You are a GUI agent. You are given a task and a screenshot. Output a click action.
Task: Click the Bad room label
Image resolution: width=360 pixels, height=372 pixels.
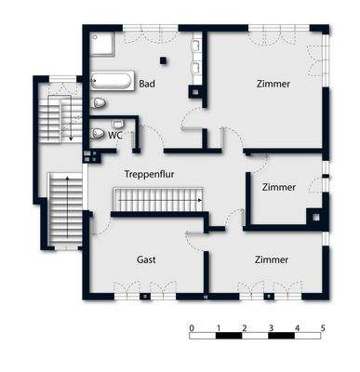click(x=146, y=85)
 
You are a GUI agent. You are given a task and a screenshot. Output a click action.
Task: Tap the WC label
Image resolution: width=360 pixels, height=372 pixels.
click(x=115, y=135)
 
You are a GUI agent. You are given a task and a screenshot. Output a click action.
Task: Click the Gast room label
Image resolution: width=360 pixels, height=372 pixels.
click(x=147, y=259)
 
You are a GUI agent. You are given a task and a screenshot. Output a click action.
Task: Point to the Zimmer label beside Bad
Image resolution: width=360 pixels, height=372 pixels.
click(x=273, y=85)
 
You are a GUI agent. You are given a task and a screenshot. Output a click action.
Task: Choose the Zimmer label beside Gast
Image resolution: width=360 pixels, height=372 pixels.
click(x=272, y=259)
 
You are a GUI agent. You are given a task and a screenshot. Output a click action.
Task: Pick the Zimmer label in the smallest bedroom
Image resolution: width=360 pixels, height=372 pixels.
click(x=279, y=187)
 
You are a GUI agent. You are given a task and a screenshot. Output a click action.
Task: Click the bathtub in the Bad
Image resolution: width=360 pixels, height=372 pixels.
click(x=113, y=82)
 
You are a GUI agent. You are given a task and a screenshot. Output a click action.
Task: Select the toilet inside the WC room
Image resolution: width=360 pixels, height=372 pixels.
click(x=99, y=134)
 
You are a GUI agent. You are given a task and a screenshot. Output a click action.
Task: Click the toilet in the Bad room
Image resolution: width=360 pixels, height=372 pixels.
click(x=100, y=102)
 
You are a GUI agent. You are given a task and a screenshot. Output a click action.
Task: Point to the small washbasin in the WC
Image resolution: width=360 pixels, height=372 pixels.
click(x=117, y=124)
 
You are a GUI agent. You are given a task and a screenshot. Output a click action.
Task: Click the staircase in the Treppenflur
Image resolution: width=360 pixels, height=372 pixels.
click(x=159, y=199)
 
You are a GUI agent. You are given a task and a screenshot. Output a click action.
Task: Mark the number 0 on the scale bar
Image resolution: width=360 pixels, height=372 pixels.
click(x=191, y=328)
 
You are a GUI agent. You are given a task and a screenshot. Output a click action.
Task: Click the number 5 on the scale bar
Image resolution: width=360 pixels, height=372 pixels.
click(x=323, y=328)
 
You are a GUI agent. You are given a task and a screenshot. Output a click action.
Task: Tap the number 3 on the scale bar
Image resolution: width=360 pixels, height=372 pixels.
click(x=270, y=328)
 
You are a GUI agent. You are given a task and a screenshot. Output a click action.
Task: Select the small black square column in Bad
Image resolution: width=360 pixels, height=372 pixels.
click(x=164, y=60)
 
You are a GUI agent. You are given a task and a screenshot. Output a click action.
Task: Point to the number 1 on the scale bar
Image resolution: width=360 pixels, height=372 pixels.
click(x=217, y=328)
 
